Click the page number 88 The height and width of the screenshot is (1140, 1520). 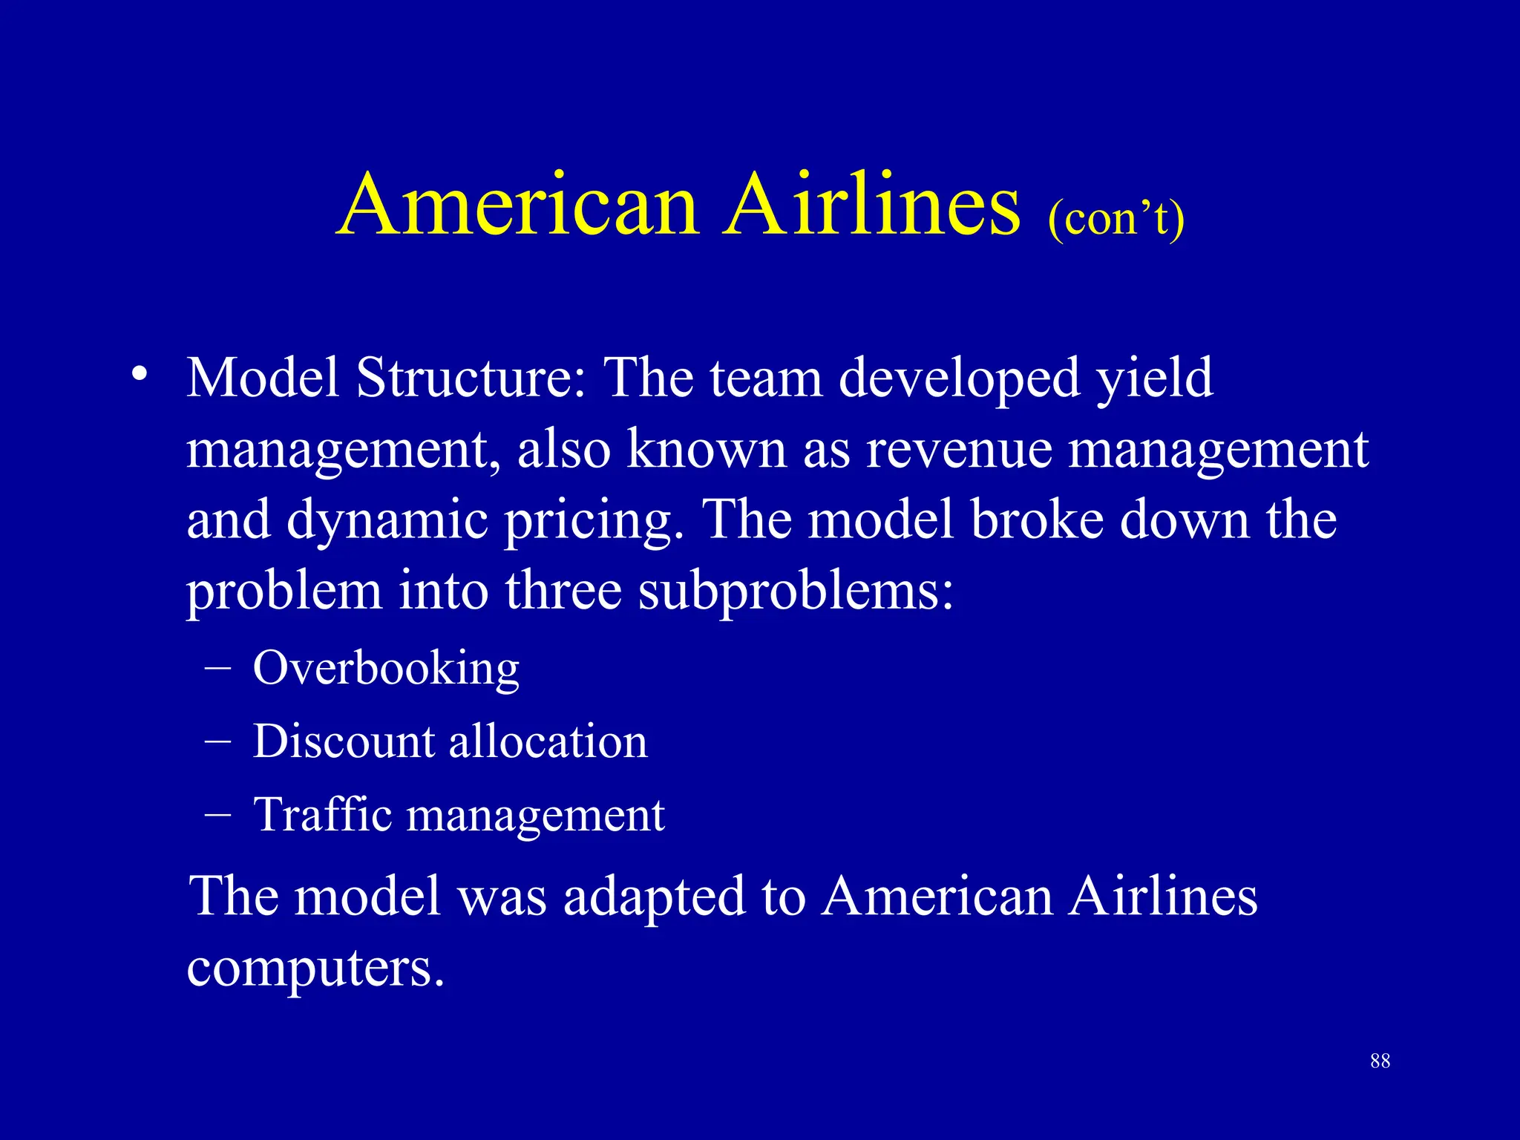coord(1380,1061)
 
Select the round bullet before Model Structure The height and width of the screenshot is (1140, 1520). coord(139,375)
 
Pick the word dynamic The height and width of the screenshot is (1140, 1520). coord(387,521)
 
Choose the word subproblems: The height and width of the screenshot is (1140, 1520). coord(796,593)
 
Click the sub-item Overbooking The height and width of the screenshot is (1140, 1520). coord(386,669)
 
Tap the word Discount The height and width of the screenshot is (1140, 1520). coord(343,741)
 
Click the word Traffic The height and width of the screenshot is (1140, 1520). coord(322,814)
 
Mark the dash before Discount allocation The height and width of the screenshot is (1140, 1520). coord(217,741)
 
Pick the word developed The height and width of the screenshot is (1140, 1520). coord(959,378)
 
